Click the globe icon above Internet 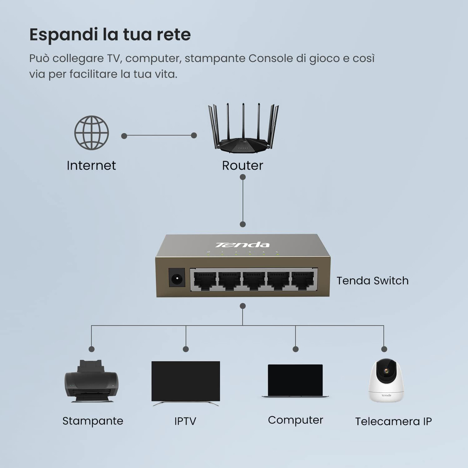(x=92, y=133)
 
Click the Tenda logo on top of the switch (x=242, y=245)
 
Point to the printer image (x=92, y=381)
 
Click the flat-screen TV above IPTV (x=185, y=382)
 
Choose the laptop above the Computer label (x=295, y=381)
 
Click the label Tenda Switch (x=372, y=281)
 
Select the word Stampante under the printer (x=93, y=421)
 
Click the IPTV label (x=185, y=421)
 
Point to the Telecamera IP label (x=393, y=421)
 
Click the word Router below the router (x=242, y=166)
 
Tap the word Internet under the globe (x=91, y=166)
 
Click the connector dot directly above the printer (x=92, y=349)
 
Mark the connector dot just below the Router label (x=242, y=177)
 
